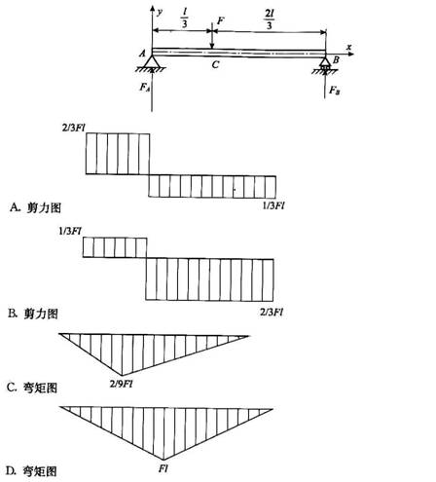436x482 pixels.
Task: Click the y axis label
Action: pyautogui.click(x=160, y=13)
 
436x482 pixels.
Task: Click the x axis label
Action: pyautogui.click(x=348, y=47)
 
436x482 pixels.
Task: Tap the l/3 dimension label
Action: pyautogui.click(x=185, y=19)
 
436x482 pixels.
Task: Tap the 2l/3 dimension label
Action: pyautogui.click(x=269, y=19)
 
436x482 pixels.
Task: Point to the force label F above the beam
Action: pyautogui.click(x=220, y=21)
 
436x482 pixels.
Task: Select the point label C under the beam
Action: pyautogui.click(x=215, y=65)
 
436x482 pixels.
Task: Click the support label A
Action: pyautogui.click(x=142, y=53)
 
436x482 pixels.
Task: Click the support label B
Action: pyautogui.click(x=336, y=59)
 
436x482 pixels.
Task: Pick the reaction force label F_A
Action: pyautogui.click(x=144, y=88)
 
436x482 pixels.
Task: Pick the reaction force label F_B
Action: pyautogui.click(x=335, y=91)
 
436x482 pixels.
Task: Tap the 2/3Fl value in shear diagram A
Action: pyautogui.click(x=74, y=128)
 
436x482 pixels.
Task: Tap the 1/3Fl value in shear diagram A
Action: pyautogui.click(x=273, y=205)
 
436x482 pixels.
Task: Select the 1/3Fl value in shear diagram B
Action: pyautogui.click(x=70, y=231)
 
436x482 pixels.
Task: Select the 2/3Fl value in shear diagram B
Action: pyautogui.click(x=272, y=313)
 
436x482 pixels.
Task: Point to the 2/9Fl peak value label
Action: pyautogui.click(x=122, y=384)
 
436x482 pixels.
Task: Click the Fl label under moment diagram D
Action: pyautogui.click(x=163, y=468)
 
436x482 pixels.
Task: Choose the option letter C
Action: pyautogui.click(x=12, y=388)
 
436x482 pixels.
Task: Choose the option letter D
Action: pyautogui.click(x=11, y=470)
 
